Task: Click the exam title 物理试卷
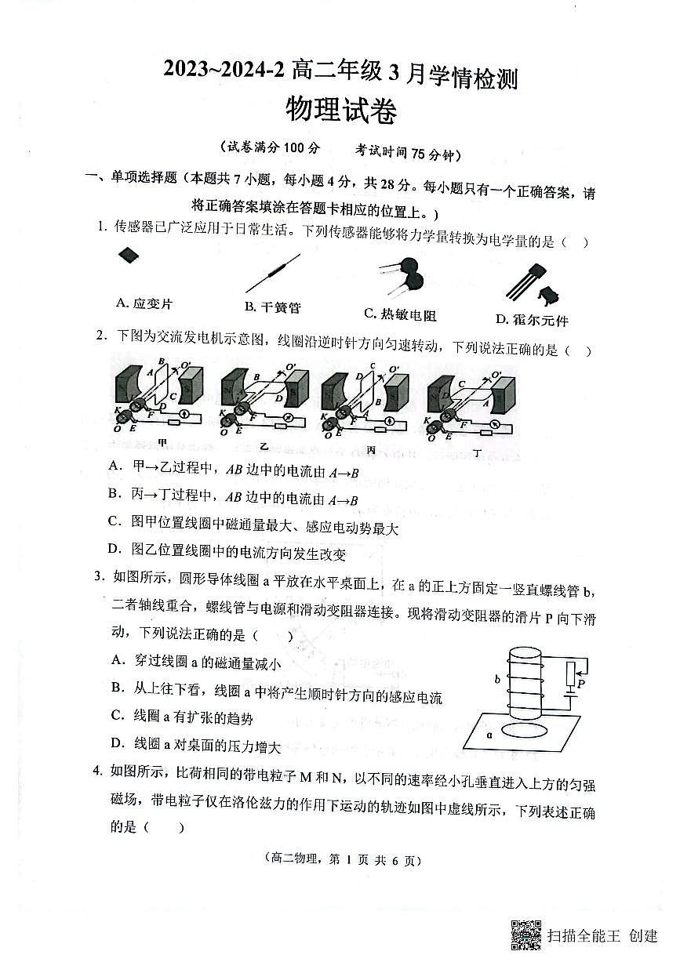coord(340,110)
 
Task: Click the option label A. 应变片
coord(144,303)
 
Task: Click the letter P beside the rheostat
coord(581,684)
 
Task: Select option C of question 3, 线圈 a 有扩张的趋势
coord(182,716)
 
